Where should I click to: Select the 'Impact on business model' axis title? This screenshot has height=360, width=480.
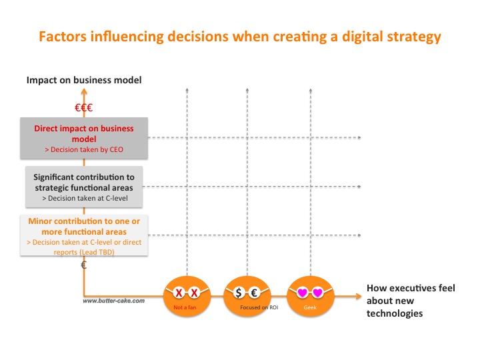(x=84, y=80)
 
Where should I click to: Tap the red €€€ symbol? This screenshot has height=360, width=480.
(x=83, y=108)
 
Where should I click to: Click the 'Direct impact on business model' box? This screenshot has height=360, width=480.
(x=84, y=139)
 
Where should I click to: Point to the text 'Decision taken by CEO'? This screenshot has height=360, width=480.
(x=87, y=149)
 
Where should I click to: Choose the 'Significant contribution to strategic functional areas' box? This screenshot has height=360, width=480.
(x=84, y=187)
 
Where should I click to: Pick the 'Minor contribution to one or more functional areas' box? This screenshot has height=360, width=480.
(x=84, y=235)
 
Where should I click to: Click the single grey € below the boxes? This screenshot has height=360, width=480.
(x=84, y=265)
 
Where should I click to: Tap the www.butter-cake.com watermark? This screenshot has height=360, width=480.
(x=113, y=301)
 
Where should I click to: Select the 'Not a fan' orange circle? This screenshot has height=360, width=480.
(x=187, y=296)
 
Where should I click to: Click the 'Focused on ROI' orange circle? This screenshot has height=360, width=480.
(x=247, y=296)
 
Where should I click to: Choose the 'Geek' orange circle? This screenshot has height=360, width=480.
(x=311, y=296)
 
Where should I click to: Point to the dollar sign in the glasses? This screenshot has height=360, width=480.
(x=239, y=293)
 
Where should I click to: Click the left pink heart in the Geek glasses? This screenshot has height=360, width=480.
(x=303, y=293)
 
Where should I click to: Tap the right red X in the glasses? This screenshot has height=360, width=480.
(x=194, y=293)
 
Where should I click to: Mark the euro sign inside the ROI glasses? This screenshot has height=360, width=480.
(x=254, y=293)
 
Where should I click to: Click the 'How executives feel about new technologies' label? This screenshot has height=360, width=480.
(x=411, y=301)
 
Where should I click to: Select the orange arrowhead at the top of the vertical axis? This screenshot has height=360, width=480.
(x=84, y=91)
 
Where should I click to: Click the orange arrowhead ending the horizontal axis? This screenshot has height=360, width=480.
(x=359, y=296)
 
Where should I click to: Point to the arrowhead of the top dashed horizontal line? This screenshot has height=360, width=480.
(x=359, y=137)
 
